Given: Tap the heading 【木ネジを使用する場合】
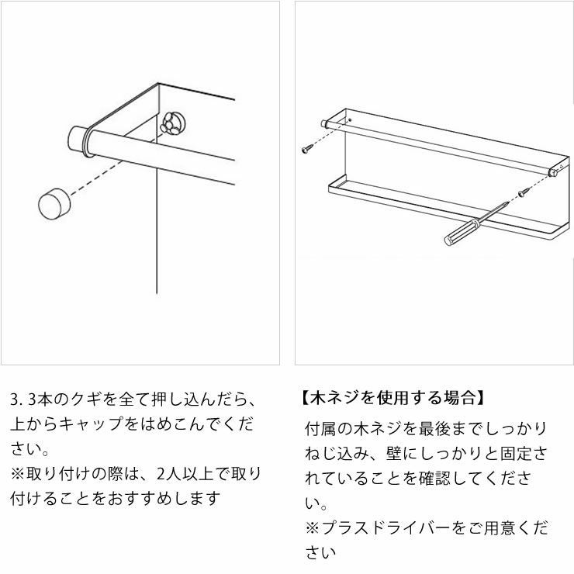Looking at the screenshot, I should click(x=394, y=398).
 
